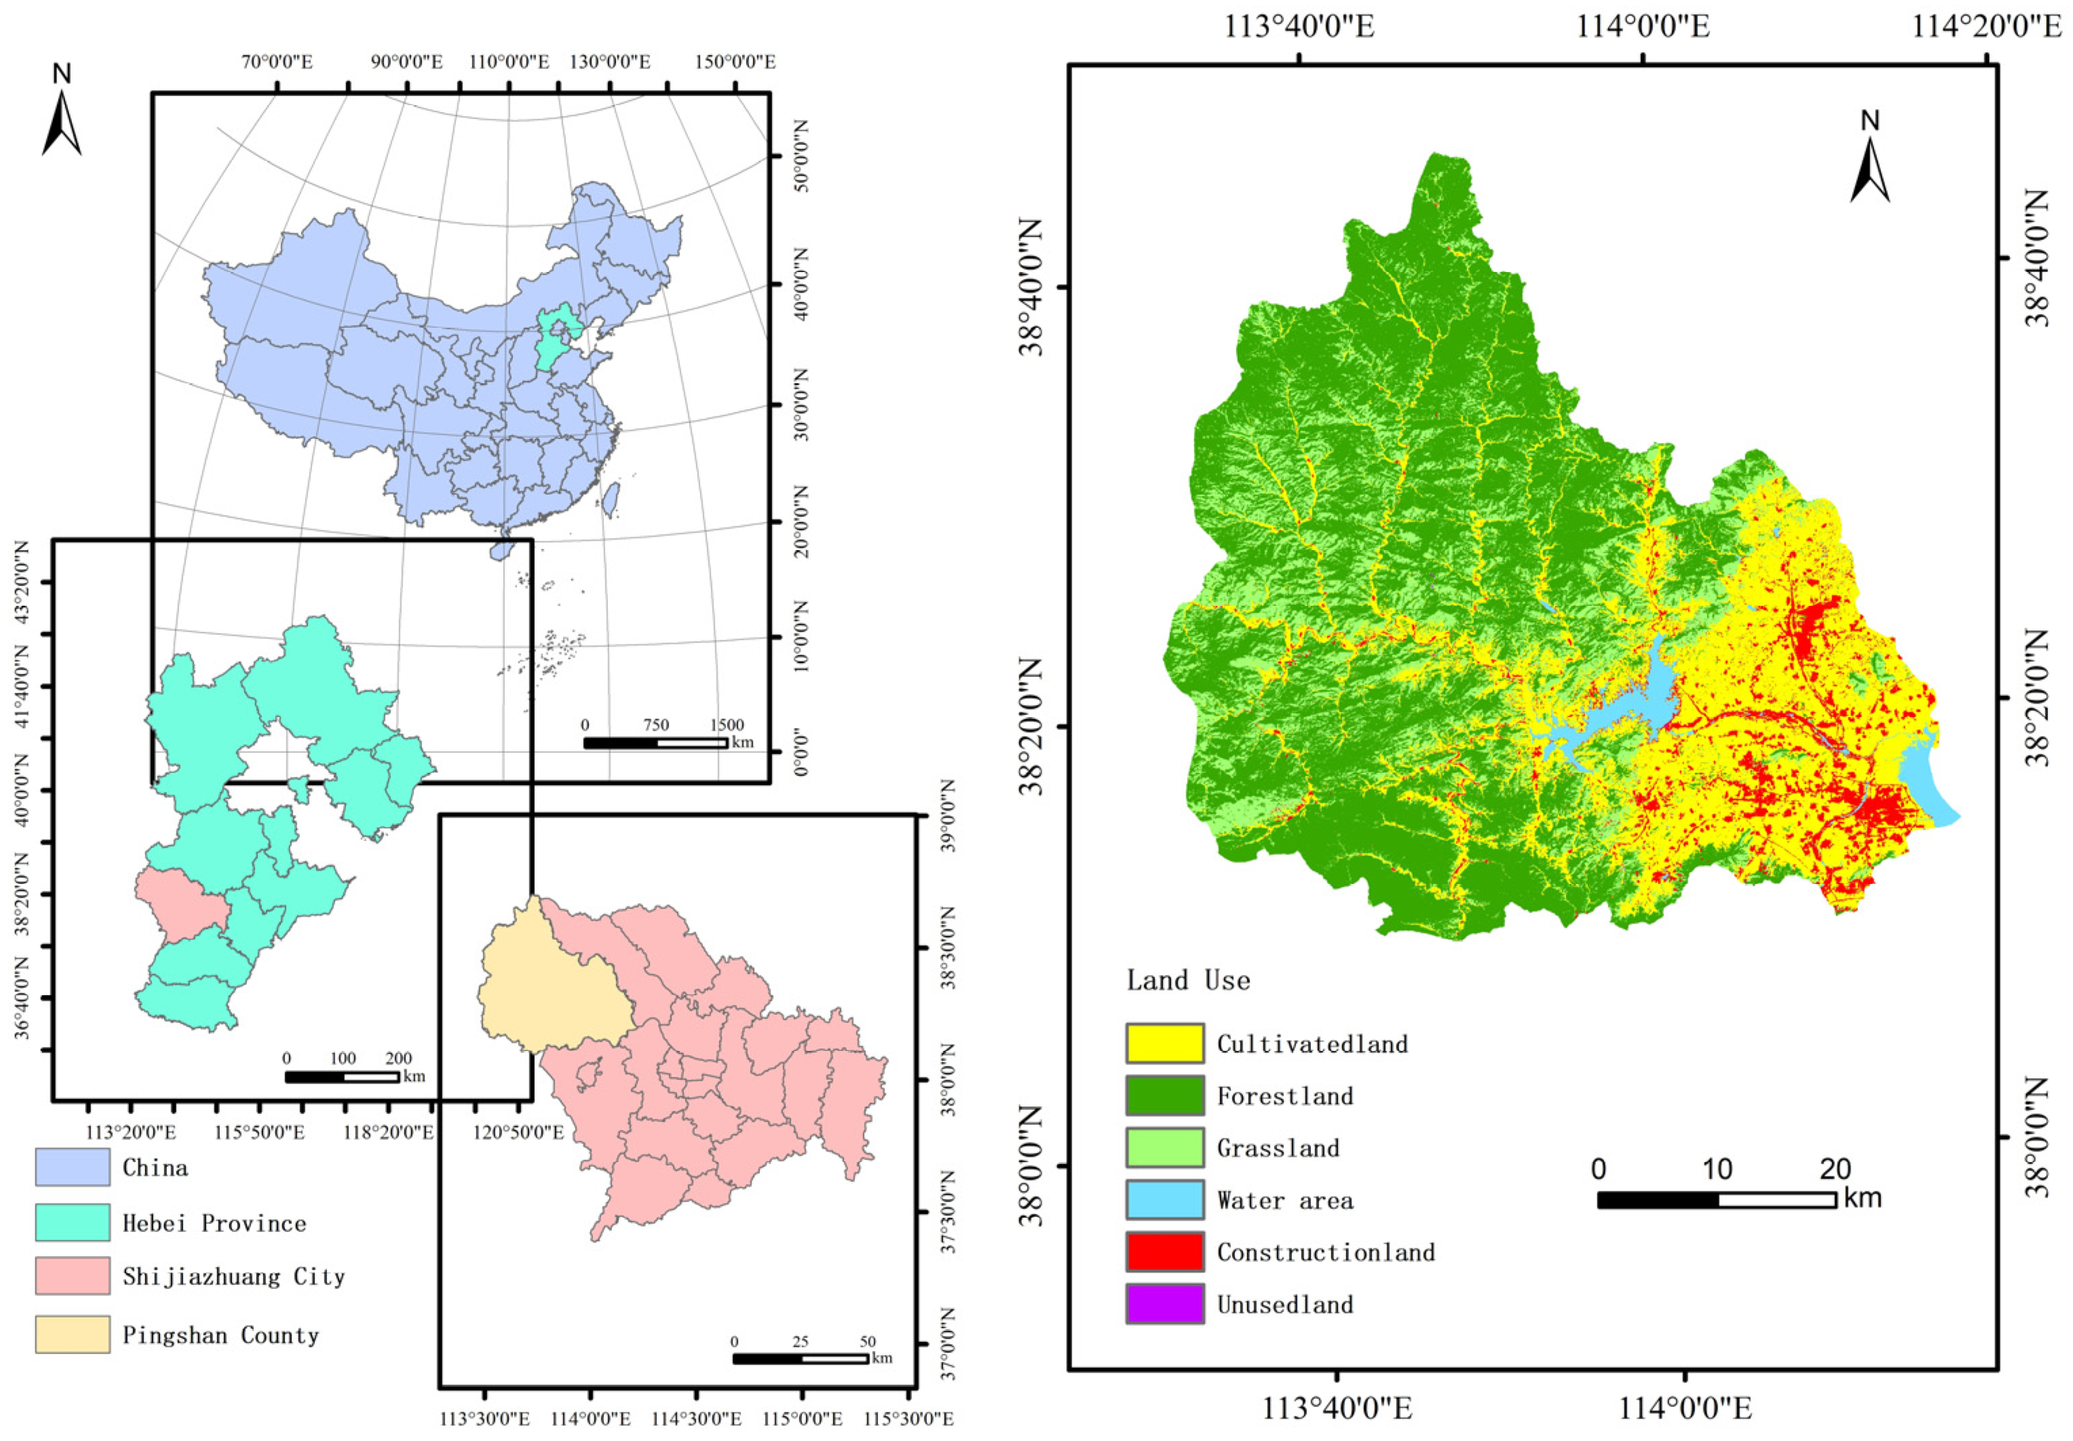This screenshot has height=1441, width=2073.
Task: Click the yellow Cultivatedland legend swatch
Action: [x=1164, y=1043]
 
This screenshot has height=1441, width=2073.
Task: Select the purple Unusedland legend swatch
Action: [x=1164, y=1304]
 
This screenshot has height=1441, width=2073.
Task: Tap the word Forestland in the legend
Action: [x=1285, y=1096]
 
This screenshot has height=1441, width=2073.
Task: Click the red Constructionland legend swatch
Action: [x=1164, y=1252]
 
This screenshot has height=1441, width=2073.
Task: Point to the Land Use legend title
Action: [x=1188, y=980]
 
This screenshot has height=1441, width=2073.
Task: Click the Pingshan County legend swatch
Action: [x=72, y=1334]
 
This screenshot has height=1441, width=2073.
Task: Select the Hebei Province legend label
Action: [x=214, y=1223]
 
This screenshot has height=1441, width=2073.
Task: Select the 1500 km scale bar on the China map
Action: [x=655, y=742]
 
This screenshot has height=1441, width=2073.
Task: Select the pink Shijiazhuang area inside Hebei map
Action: [x=180, y=903]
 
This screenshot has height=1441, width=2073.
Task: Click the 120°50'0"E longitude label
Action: [x=518, y=1132]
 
